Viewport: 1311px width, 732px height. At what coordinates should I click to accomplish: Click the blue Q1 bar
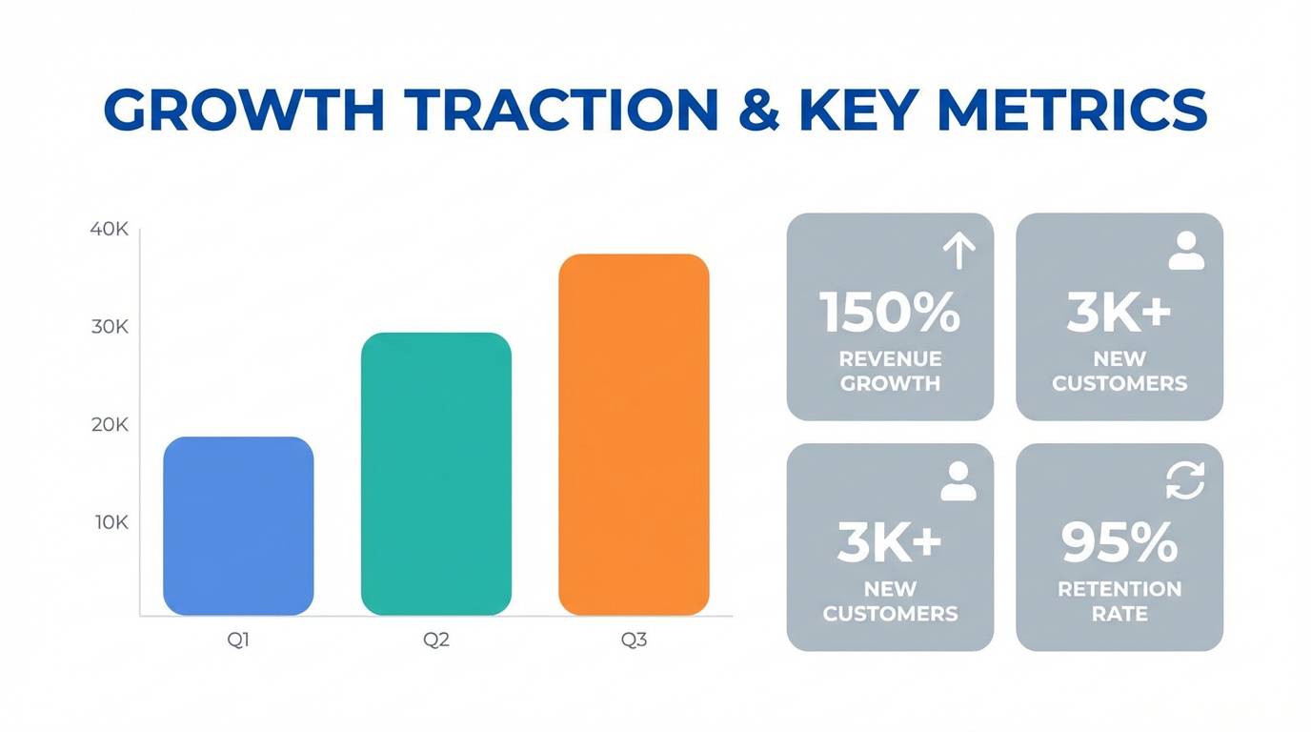click(x=238, y=526)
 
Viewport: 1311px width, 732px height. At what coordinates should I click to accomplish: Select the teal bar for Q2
click(x=436, y=474)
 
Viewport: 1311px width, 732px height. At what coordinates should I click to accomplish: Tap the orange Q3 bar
click(x=634, y=435)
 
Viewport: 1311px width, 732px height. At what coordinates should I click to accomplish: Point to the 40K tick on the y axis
click(x=109, y=230)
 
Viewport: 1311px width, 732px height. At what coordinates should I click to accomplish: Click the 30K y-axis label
click(x=110, y=327)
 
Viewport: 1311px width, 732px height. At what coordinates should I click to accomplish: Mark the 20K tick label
click(x=110, y=425)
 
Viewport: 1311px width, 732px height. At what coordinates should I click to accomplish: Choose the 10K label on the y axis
click(x=111, y=523)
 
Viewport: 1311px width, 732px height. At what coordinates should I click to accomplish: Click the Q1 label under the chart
click(x=238, y=640)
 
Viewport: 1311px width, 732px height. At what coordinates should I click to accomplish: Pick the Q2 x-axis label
click(x=436, y=640)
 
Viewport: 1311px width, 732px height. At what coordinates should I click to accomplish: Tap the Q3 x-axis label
click(x=634, y=640)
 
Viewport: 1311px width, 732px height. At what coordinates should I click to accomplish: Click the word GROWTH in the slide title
click(x=244, y=111)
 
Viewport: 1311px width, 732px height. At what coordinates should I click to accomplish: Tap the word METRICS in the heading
click(x=1073, y=111)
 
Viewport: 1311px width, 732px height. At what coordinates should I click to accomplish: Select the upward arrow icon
click(x=958, y=252)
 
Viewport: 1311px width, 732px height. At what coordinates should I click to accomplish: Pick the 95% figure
click(x=1119, y=542)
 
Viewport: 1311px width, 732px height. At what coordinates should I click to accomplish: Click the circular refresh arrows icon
click(x=1185, y=480)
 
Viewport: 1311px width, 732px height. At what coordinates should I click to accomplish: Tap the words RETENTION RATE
click(x=1119, y=601)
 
